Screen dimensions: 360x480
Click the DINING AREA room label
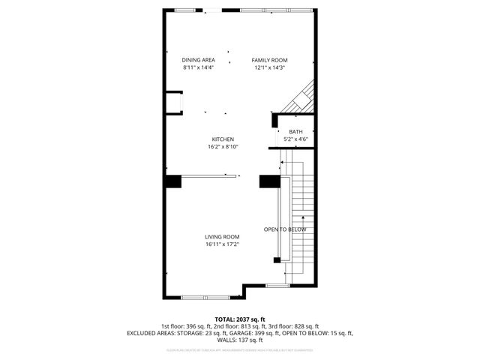point(198,60)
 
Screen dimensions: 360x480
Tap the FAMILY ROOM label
point(269,60)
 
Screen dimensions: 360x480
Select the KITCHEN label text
point(223,139)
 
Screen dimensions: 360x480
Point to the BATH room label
point(285,132)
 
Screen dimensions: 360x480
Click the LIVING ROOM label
point(222,236)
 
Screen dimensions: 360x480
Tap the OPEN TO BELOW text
point(285,229)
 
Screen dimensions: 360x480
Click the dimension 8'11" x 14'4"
point(198,67)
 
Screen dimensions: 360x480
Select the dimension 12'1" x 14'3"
point(269,67)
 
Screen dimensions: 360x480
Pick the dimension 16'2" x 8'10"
point(223,147)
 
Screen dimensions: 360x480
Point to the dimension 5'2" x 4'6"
point(285,139)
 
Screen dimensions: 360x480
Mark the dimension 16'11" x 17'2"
point(222,244)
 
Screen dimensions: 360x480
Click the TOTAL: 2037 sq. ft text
point(239,319)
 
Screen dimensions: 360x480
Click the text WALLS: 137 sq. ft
point(239,339)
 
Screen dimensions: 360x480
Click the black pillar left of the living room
point(173,181)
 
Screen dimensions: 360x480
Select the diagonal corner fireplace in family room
point(301,97)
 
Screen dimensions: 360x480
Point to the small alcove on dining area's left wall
point(174,102)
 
